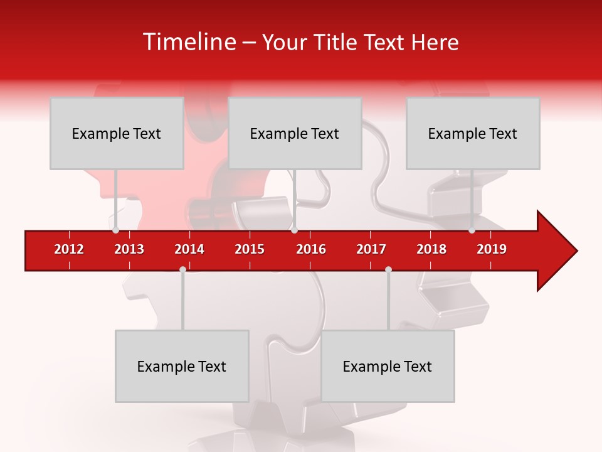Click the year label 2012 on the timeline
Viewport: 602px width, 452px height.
[x=69, y=249]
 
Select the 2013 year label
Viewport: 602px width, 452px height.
[x=129, y=249]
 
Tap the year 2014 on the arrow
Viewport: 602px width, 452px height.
[x=189, y=249]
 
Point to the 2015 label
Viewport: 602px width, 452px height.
[x=250, y=249]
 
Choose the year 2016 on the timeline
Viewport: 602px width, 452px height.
[x=311, y=249]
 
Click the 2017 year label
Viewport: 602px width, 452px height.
[x=371, y=249]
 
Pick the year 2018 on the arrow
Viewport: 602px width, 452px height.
[x=431, y=249]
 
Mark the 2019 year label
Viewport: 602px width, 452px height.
[x=492, y=249]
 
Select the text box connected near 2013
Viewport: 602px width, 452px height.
[x=117, y=133]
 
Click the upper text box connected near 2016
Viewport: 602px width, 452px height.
[x=295, y=133]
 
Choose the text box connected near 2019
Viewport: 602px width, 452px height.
[x=473, y=133]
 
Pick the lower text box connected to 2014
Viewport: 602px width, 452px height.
[x=182, y=366]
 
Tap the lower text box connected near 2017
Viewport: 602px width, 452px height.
[x=388, y=366]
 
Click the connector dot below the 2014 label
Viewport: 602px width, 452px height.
[x=182, y=270]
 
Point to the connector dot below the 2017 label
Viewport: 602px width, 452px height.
[x=388, y=270]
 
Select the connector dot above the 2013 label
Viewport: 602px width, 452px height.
[x=115, y=230]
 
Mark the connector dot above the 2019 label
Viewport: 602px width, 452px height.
[x=472, y=230]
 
